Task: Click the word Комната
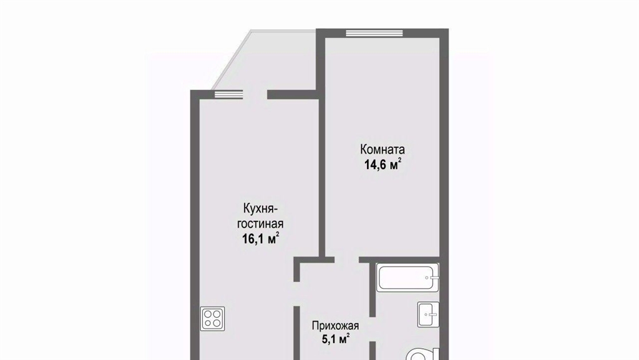[x=383, y=150]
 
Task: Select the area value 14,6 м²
[x=383, y=165]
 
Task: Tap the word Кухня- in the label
[x=260, y=209]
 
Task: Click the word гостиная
[x=260, y=223]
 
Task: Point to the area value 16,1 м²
[x=260, y=238]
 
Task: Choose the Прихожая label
[x=335, y=326]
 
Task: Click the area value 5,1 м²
[x=336, y=339]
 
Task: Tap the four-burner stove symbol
[x=212, y=318]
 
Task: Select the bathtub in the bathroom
[x=407, y=278]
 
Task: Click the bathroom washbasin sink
[x=428, y=314]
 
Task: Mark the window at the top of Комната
[x=374, y=33]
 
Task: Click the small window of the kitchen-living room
[x=228, y=94]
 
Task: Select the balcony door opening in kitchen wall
[x=255, y=94]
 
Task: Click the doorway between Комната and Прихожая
[x=347, y=260]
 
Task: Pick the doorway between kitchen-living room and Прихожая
[x=297, y=294]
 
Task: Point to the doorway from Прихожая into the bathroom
[x=373, y=329]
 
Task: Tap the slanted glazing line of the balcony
[x=231, y=61]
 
